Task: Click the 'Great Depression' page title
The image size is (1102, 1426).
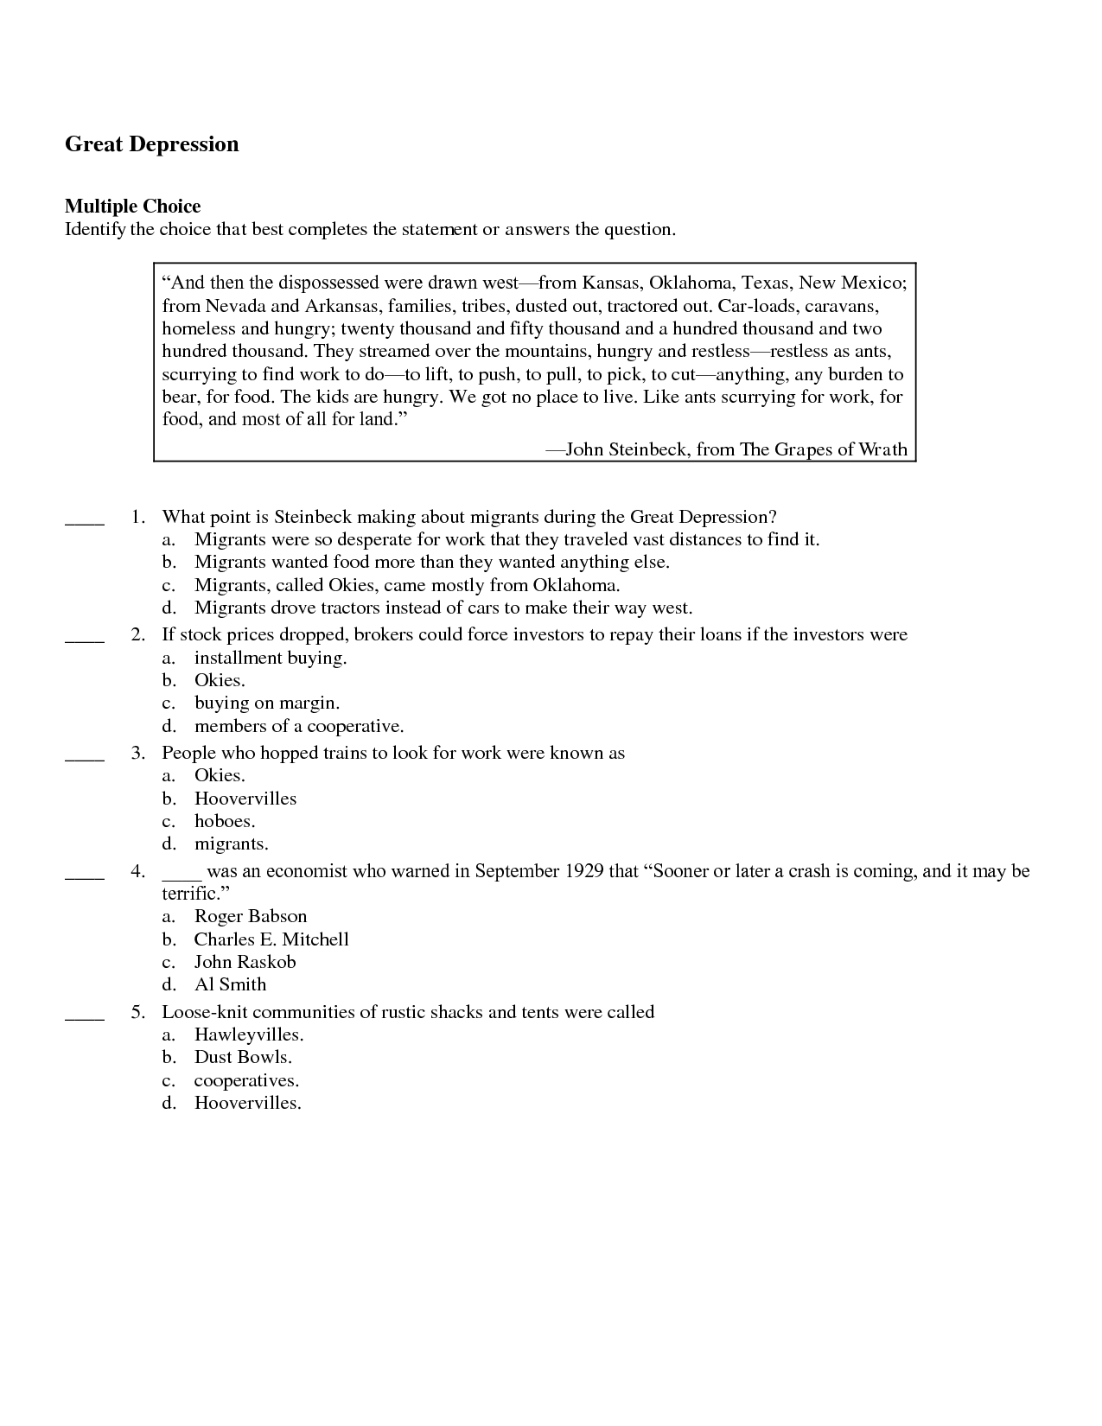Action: click(152, 144)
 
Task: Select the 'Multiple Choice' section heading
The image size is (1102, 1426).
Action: click(132, 207)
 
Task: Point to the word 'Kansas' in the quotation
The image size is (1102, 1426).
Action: click(610, 283)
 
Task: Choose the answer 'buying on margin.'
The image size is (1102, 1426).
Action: click(266, 703)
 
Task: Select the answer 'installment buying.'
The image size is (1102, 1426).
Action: click(270, 658)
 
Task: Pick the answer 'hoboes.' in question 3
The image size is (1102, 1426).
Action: click(224, 821)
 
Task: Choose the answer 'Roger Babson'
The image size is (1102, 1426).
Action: click(250, 916)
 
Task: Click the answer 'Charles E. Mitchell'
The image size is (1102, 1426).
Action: click(271, 939)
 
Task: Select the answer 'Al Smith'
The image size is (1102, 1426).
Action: click(230, 984)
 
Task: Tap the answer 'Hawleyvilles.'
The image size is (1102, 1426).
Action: click(249, 1034)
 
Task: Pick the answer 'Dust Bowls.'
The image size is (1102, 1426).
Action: click(243, 1057)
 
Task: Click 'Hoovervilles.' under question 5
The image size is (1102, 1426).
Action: click(247, 1103)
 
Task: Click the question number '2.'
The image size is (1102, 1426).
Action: click(138, 635)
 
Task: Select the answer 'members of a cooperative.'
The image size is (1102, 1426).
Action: click(299, 726)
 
